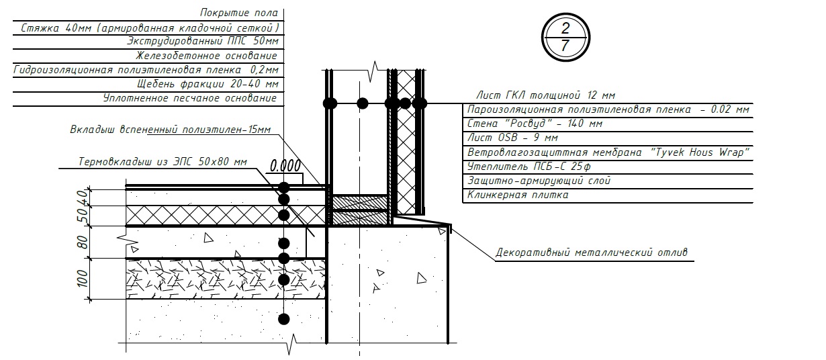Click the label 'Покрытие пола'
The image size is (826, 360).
238,13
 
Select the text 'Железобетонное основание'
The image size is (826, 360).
206,56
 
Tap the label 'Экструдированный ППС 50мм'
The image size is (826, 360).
201,41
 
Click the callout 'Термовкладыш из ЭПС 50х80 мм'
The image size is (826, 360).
163,162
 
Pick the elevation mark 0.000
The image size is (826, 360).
285,165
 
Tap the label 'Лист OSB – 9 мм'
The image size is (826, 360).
512,138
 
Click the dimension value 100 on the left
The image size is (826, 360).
83,278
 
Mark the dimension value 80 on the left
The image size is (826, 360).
83,242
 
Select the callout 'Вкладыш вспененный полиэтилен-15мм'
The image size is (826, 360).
170,130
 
